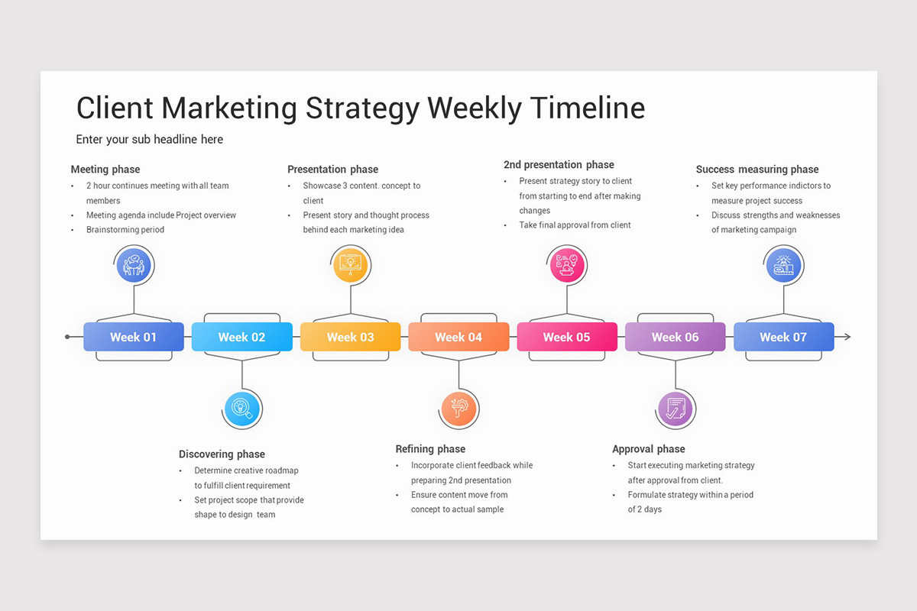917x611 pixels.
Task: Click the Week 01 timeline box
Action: (x=134, y=337)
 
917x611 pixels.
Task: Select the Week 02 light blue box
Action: (x=241, y=337)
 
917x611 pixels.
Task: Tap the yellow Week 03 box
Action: (x=350, y=337)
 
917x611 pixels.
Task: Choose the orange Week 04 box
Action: (x=458, y=337)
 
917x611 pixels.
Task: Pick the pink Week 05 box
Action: (x=567, y=337)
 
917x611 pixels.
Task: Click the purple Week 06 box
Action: (x=676, y=337)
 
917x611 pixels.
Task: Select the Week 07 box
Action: (x=783, y=337)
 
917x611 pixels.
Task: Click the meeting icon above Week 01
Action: (x=134, y=265)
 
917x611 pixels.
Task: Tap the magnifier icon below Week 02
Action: (x=242, y=409)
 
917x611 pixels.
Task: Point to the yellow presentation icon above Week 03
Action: (x=351, y=264)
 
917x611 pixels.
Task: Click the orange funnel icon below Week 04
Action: (x=459, y=409)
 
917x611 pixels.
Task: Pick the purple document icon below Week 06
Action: (x=676, y=409)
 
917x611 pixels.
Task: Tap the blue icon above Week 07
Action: (x=784, y=264)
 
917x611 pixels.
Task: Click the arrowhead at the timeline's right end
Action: (x=847, y=337)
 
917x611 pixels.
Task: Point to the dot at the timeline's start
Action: (x=68, y=337)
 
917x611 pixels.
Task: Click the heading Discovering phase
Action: (x=222, y=454)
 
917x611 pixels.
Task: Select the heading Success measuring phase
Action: (x=757, y=170)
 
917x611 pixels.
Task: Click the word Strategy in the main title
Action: (x=362, y=108)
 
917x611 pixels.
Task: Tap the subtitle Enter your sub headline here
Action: (x=150, y=140)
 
